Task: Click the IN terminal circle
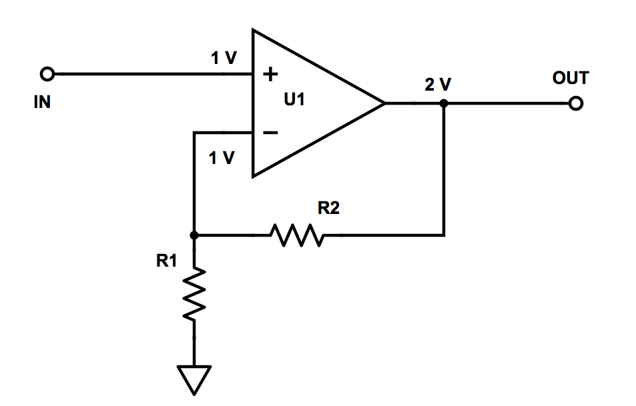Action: click(x=47, y=73)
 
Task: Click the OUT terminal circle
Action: click(x=575, y=104)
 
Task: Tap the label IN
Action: click(x=41, y=103)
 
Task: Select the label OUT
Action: click(x=571, y=79)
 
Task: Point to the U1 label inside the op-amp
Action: click(x=294, y=101)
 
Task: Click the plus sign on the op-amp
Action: click(x=269, y=75)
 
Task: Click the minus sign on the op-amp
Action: click(x=269, y=133)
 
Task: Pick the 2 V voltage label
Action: click(x=438, y=85)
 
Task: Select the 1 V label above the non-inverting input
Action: click(x=224, y=59)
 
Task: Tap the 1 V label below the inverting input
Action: click(x=222, y=159)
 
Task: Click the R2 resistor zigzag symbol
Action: click(x=296, y=235)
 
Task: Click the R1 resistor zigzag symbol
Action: click(x=194, y=292)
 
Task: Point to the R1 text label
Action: click(x=166, y=262)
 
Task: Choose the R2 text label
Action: click(x=328, y=209)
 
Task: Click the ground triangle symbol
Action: click(x=194, y=377)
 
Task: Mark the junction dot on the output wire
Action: click(x=444, y=104)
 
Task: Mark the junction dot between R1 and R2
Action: click(x=194, y=235)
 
